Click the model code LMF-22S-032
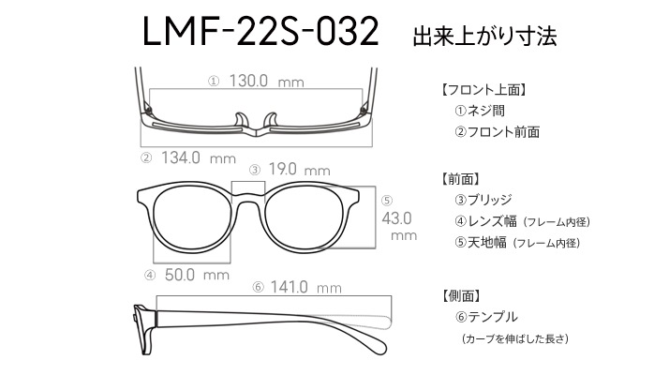point(260,31)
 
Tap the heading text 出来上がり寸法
point(484,36)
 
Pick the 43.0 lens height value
point(396,218)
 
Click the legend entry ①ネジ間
point(480,111)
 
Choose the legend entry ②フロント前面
point(497,132)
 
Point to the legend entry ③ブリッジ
point(483,200)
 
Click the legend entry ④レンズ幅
point(485,221)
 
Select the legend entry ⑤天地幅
point(481,243)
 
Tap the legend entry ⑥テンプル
point(486,317)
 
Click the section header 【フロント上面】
point(483,90)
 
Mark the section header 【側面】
point(461,295)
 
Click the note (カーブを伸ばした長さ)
point(515,338)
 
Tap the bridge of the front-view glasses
point(248,197)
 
